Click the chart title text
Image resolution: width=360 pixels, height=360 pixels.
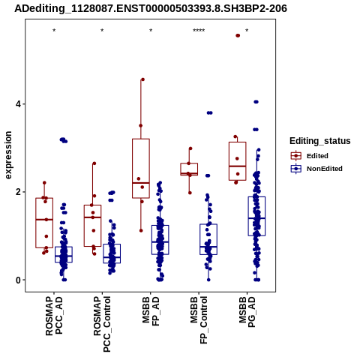[x=151, y=8]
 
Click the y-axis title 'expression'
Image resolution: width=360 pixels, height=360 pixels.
[x=8, y=155]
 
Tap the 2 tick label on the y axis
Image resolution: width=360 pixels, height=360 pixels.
[x=19, y=192]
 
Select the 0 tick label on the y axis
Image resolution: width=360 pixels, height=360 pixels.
[x=19, y=280]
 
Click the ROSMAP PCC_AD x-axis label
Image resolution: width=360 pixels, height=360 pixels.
[x=54, y=316]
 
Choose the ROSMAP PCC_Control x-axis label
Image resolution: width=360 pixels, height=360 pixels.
[x=102, y=324]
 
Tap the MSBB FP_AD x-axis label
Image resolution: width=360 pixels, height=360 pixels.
[x=151, y=311]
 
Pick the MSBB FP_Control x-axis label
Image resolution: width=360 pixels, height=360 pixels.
[x=199, y=320]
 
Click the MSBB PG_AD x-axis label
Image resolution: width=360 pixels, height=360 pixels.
[x=247, y=312]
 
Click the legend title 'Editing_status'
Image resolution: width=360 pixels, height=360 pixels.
[x=320, y=141]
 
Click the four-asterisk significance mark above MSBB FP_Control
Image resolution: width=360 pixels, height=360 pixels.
[x=199, y=31]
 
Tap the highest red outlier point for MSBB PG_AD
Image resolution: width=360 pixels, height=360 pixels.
[x=238, y=35]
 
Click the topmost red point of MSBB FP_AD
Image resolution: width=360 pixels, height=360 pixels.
[x=142, y=79]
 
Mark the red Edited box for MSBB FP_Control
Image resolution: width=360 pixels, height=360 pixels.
[x=189, y=169]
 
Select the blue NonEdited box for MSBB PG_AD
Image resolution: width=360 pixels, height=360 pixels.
[x=256, y=216]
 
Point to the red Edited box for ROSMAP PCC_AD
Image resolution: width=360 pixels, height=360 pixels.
[x=44, y=223]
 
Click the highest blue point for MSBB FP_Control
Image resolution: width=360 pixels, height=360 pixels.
[x=209, y=112]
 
